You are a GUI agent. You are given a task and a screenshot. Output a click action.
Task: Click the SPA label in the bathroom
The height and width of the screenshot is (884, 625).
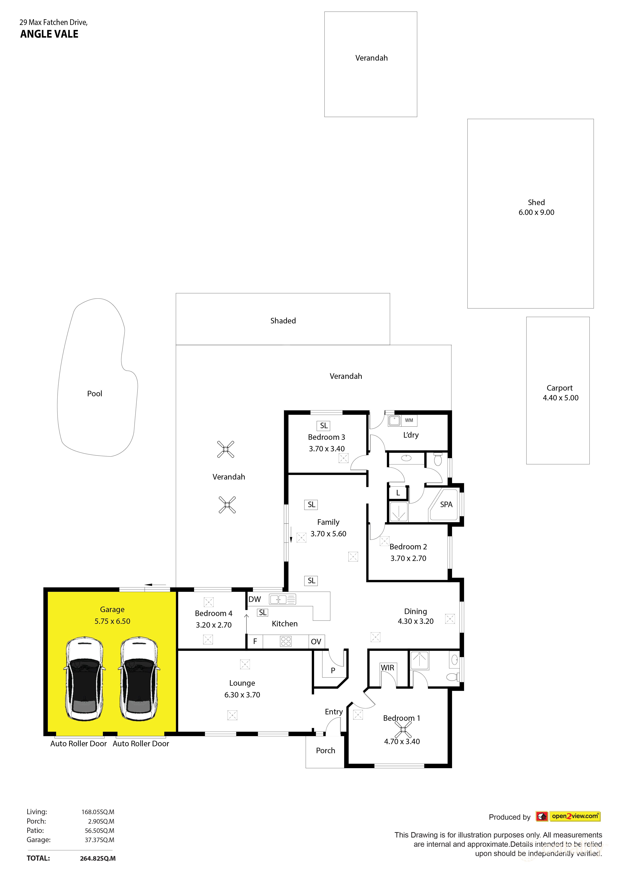tap(446, 504)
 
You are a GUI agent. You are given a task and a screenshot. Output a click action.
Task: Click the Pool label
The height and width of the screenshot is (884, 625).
tap(95, 393)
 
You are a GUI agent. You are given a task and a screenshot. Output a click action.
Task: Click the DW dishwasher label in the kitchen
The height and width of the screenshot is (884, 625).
tap(254, 599)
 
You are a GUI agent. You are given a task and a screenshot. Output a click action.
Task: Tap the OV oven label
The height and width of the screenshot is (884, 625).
tap(316, 641)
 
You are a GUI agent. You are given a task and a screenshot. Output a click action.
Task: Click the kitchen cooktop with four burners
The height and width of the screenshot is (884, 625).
tap(286, 641)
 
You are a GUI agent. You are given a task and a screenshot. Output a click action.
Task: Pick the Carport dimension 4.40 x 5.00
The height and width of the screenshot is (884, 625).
tap(560, 398)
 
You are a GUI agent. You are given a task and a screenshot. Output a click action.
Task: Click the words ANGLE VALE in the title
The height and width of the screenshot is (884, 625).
tap(49, 34)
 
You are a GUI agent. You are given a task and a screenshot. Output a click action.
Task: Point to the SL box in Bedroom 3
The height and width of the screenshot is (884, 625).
tap(324, 426)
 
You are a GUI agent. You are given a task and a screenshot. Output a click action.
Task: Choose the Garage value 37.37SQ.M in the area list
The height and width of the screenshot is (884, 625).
tap(99, 840)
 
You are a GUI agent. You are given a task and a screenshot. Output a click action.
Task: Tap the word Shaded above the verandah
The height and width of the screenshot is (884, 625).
tap(283, 321)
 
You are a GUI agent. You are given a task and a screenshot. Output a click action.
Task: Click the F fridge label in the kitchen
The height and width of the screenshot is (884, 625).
tap(255, 641)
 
